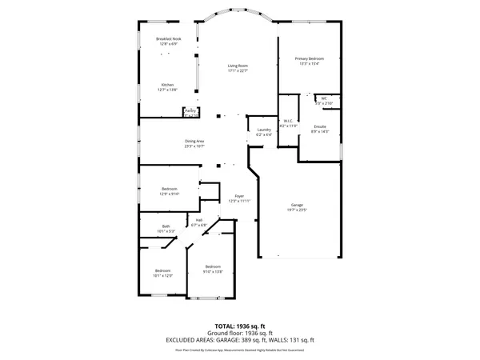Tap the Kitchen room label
tap(167, 85)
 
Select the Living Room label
tap(238, 66)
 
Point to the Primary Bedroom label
tap(309, 59)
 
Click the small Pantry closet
tap(190, 113)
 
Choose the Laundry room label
tap(264, 130)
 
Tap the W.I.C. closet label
tap(289, 121)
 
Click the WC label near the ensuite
tap(324, 98)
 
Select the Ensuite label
tap(318, 126)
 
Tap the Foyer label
tap(238, 196)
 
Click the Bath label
tap(166, 226)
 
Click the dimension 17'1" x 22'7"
tap(238, 70)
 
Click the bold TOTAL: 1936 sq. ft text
tap(239, 326)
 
